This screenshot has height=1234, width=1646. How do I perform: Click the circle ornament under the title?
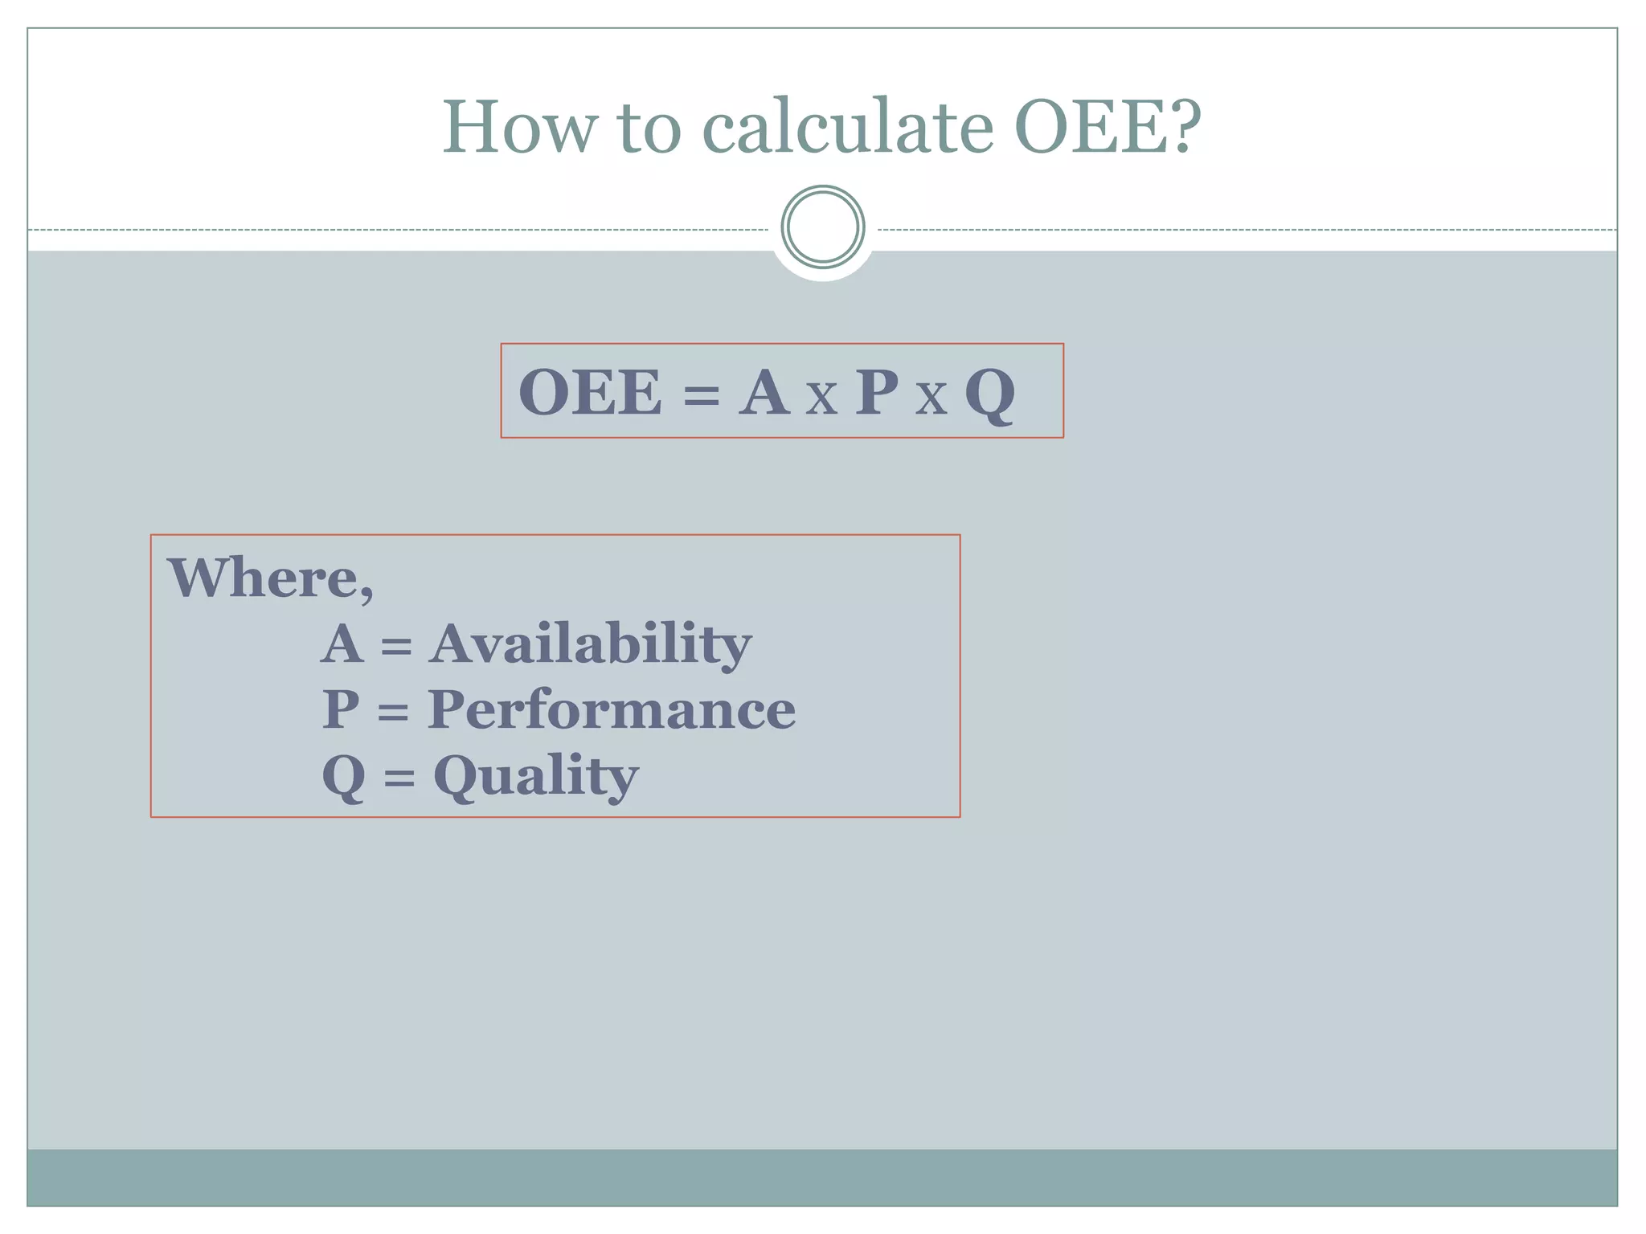(x=822, y=227)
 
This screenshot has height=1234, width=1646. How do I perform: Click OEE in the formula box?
(x=591, y=393)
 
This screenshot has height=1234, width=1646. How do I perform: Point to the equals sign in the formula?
(x=701, y=396)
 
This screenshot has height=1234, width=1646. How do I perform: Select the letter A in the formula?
(x=764, y=393)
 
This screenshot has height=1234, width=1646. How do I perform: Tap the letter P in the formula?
(x=876, y=393)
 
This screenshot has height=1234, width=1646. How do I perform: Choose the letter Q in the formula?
(x=990, y=395)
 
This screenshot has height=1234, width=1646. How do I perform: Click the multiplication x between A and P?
(x=821, y=398)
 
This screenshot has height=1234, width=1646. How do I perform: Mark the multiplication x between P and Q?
(x=931, y=398)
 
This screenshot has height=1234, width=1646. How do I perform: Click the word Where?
(x=270, y=578)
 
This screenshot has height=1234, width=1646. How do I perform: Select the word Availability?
(x=590, y=645)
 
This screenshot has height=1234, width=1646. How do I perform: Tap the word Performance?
(x=611, y=709)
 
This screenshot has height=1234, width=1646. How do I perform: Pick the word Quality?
(x=536, y=777)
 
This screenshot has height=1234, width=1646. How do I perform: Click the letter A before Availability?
(x=342, y=644)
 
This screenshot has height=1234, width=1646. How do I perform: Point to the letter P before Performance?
(x=341, y=709)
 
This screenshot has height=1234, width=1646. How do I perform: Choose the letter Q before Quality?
(x=343, y=778)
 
